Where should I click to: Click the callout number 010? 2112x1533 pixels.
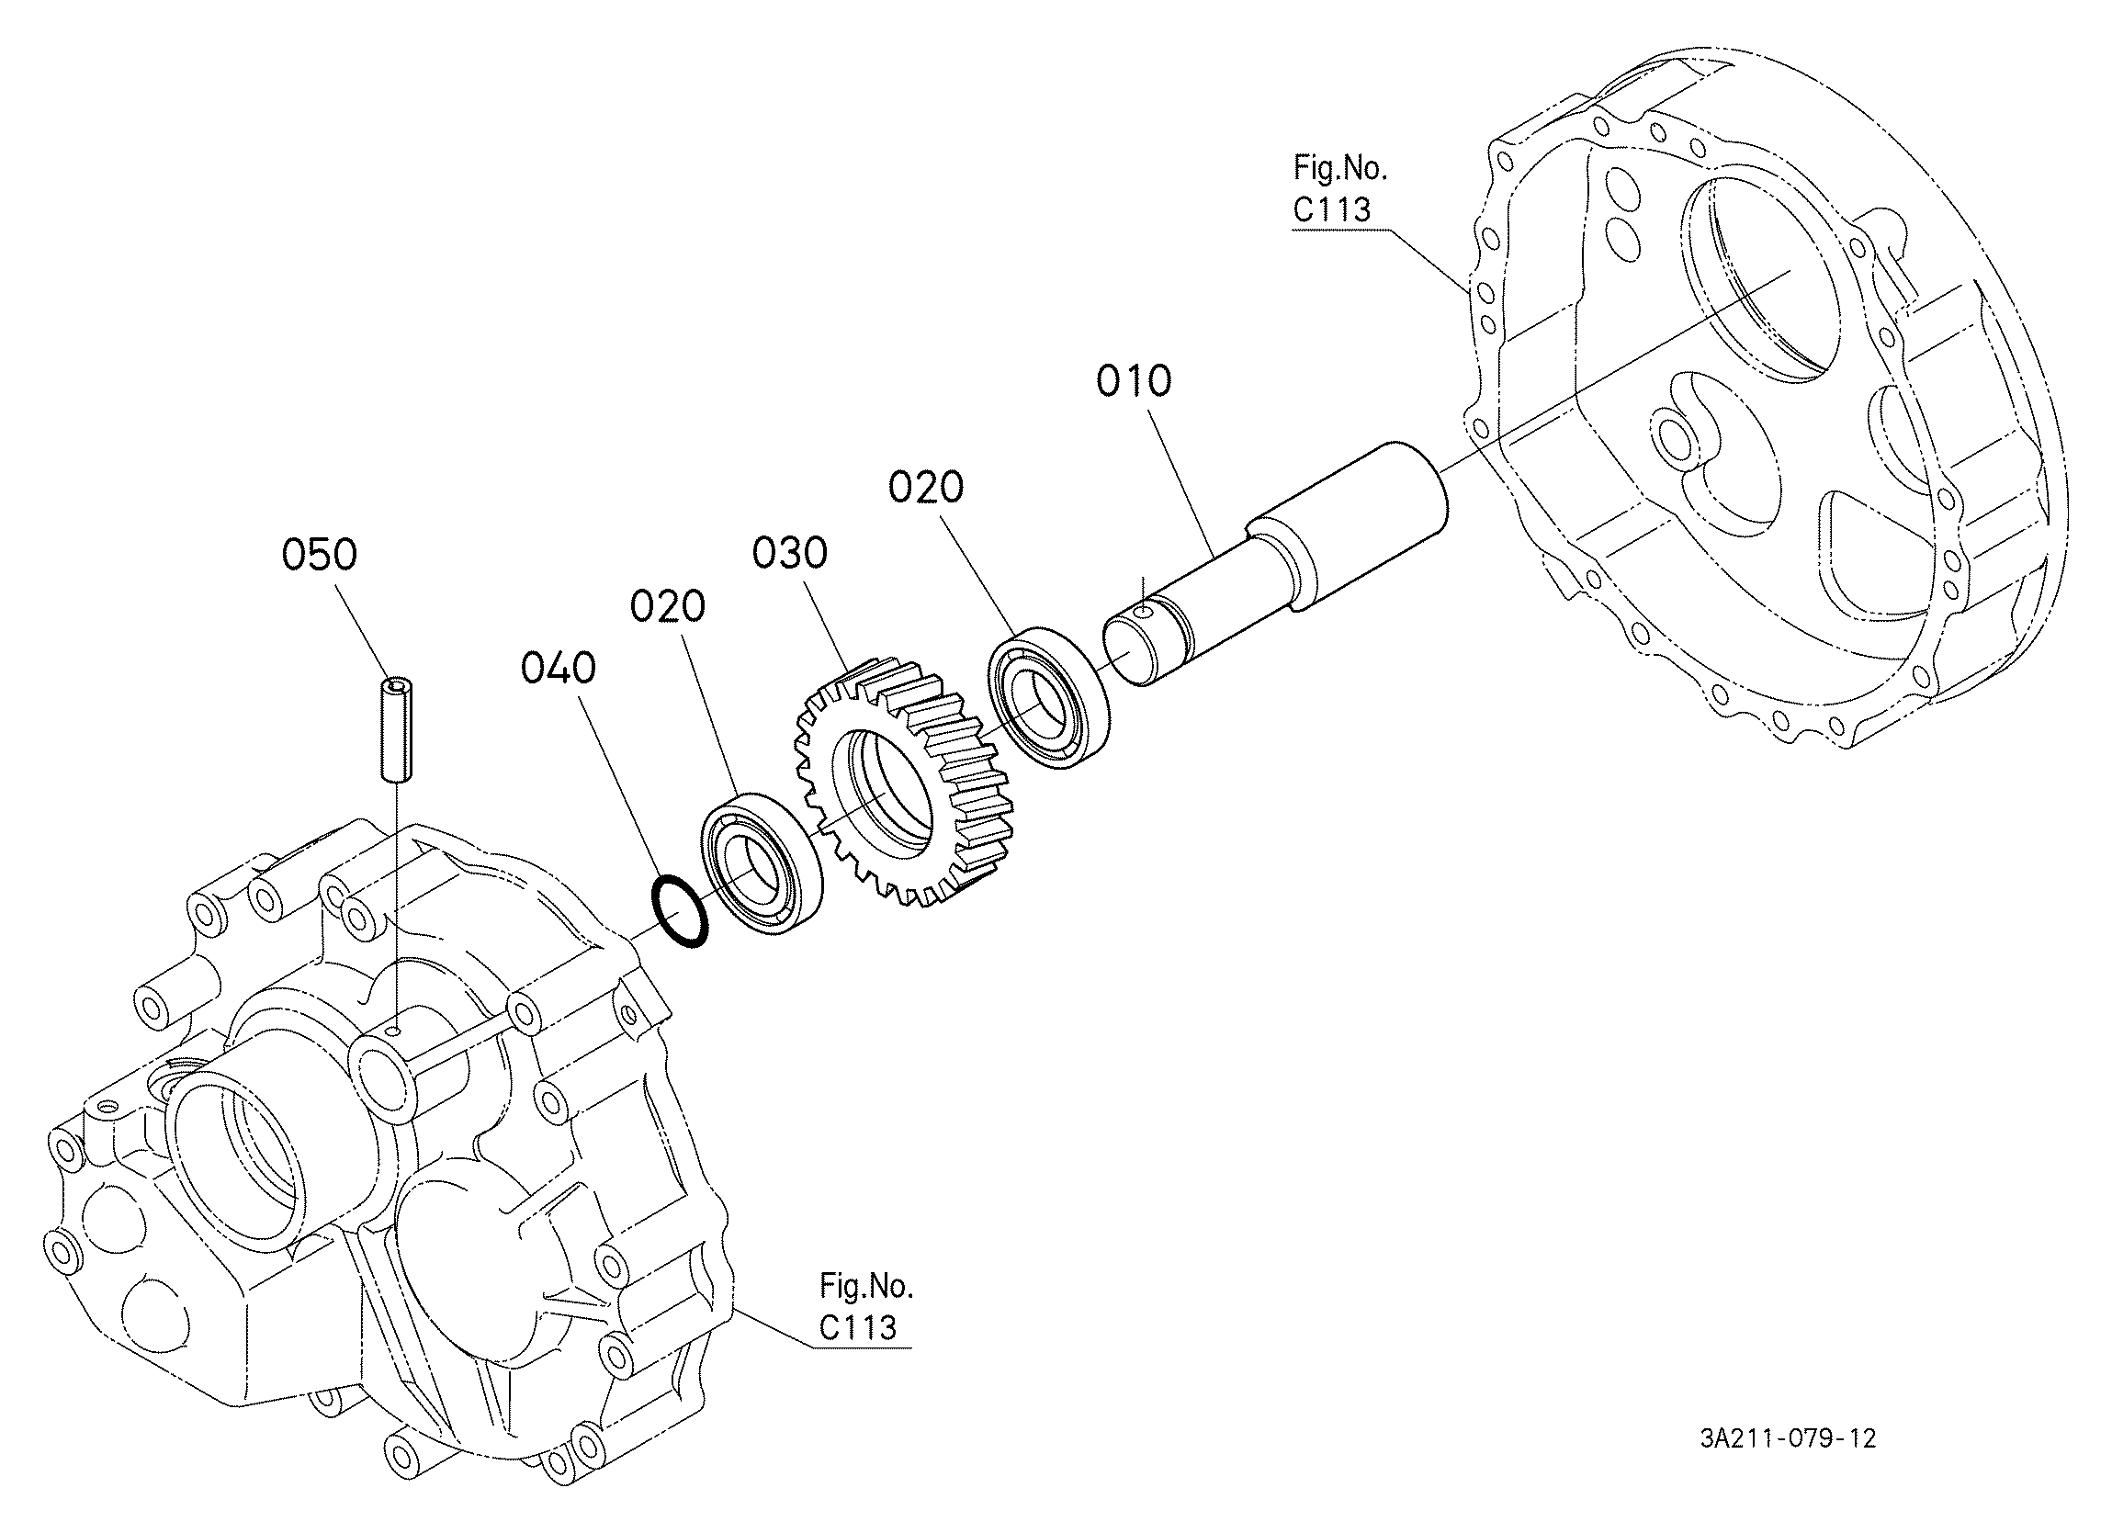(1134, 382)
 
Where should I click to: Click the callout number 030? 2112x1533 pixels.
(790, 553)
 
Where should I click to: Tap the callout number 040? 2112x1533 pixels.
(559, 669)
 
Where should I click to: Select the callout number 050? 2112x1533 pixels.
(320, 555)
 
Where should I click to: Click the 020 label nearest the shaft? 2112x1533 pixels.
(926, 488)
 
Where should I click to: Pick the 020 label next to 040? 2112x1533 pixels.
(668, 607)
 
